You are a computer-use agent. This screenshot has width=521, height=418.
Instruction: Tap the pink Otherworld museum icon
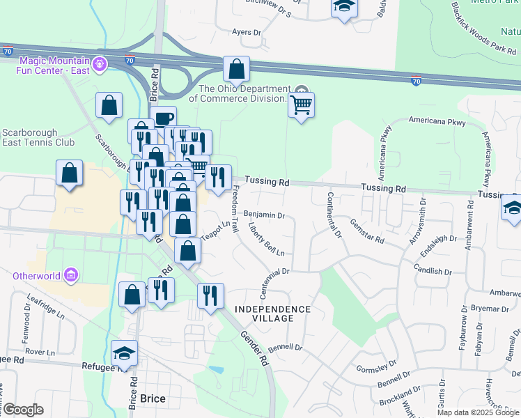(70, 275)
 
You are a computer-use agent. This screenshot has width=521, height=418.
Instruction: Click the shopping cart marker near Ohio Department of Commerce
(301, 105)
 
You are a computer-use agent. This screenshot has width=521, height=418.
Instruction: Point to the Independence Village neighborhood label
(272, 313)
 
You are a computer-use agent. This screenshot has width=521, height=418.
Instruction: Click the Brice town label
(153, 398)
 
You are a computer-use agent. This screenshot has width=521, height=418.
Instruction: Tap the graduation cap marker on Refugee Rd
(124, 353)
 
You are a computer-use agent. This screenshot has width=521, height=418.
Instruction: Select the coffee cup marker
(163, 118)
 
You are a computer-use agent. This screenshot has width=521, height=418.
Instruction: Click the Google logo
(22, 410)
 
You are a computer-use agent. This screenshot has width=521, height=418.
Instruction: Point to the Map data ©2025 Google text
(478, 412)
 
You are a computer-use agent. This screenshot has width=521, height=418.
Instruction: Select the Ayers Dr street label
(246, 32)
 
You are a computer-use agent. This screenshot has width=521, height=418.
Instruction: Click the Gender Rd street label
(254, 348)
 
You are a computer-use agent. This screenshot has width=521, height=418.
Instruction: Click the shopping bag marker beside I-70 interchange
(237, 69)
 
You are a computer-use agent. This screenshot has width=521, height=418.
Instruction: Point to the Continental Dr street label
(334, 215)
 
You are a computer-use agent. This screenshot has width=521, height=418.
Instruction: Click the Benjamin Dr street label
(265, 215)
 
